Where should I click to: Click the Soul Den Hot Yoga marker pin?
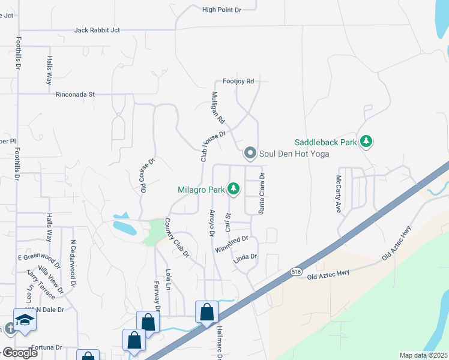[x=250, y=154]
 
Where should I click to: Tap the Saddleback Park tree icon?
[x=366, y=142]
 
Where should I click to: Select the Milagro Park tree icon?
[x=233, y=190]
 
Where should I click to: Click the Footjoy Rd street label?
[x=238, y=81]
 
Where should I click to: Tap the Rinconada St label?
[x=76, y=94]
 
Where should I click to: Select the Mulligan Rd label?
[x=218, y=108]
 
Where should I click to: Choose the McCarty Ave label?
[x=339, y=194]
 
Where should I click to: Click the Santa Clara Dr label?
[x=261, y=194]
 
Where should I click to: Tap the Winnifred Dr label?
[x=231, y=244]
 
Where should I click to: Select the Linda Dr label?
[x=245, y=257]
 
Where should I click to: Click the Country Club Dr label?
[x=176, y=238]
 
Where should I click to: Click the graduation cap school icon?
[x=24, y=319]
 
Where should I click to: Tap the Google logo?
[x=19, y=353]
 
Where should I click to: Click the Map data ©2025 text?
[x=423, y=355]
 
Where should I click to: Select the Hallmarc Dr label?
[x=219, y=343]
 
